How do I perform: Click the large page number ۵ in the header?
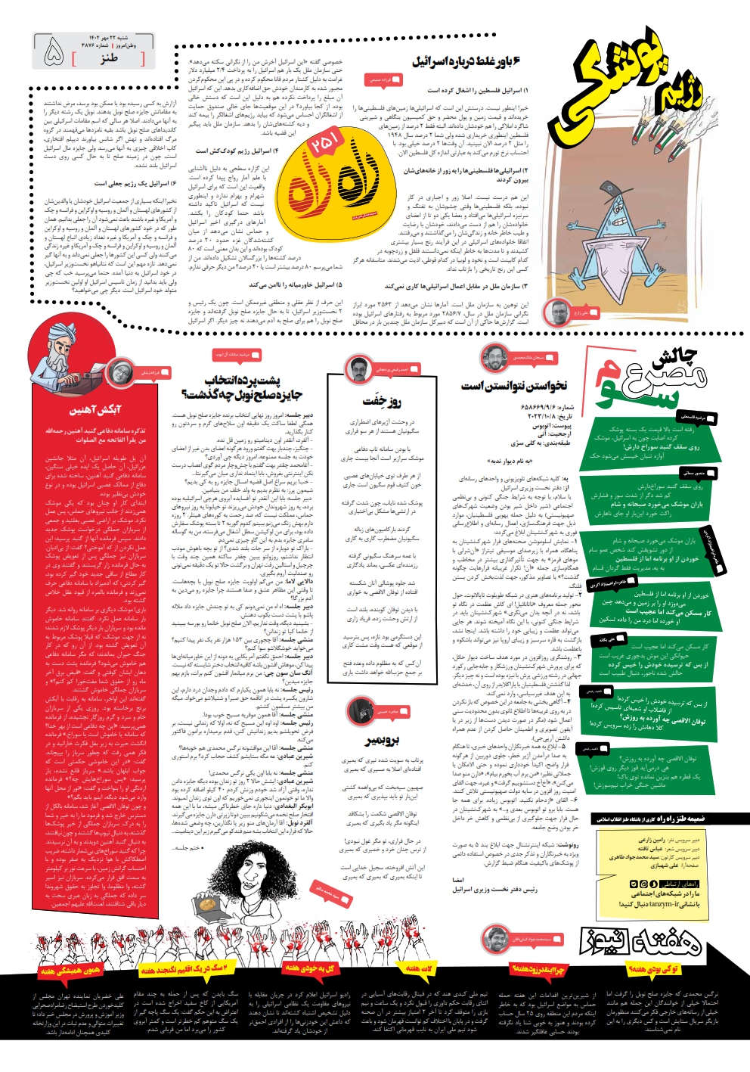pyautogui.click(x=54, y=52)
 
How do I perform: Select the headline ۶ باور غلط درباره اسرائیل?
pyautogui.click(x=466, y=61)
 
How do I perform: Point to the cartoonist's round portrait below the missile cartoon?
pyautogui.click(x=559, y=311)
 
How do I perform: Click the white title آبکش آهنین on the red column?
pyautogui.click(x=96, y=410)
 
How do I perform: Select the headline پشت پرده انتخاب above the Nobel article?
pyautogui.click(x=243, y=380)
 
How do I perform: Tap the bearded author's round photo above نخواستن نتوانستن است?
pyautogui.click(x=494, y=356)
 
